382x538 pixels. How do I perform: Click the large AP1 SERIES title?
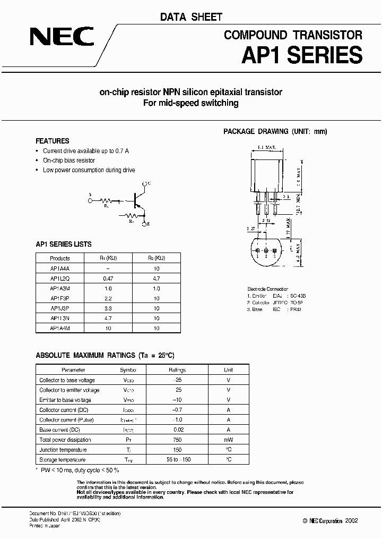(302, 55)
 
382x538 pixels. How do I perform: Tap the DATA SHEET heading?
(191, 17)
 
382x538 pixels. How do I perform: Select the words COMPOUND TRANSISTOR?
(293, 35)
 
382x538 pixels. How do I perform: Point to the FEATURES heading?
(52, 141)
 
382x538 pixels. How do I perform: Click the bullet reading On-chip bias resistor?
(69, 161)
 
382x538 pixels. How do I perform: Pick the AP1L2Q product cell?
(60, 278)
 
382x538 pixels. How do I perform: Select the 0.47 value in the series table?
(109, 278)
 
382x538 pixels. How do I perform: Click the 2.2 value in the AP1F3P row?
(109, 298)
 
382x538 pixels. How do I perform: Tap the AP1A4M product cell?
(60, 328)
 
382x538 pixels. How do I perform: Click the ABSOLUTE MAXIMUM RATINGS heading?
(104, 355)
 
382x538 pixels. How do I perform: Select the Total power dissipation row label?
(65, 440)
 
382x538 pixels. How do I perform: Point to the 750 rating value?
(177, 440)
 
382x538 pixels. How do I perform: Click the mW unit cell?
(228, 440)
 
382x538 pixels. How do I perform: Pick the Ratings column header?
(177, 369)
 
